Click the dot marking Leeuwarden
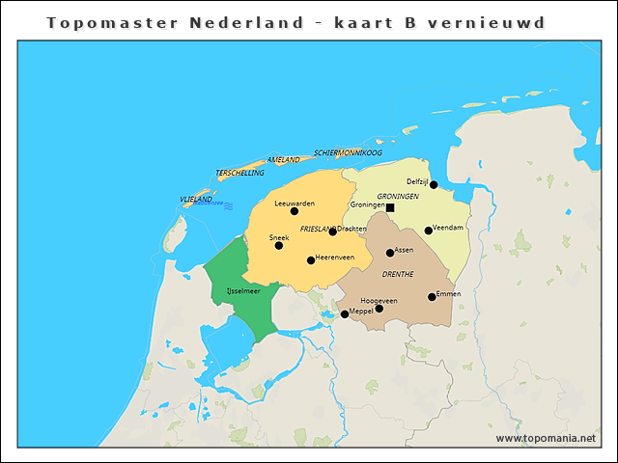(x=295, y=211)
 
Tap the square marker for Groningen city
(x=390, y=207)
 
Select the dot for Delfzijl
(x=434, y=184)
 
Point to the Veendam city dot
(x=429, y=231)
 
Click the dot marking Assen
(x=390, y=253)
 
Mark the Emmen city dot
(x=432, y=297)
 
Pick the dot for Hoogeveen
(x=379, y=309)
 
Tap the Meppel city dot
(x=345, y=314)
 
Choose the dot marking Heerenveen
(x=311, y=260)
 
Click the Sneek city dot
(x=279, y=245)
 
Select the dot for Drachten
(x=333, y=231)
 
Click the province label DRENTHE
(x=398, y=274)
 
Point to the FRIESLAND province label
(x=317, y=230)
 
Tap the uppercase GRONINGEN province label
(x=398, y=196)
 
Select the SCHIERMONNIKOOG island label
(x=348, y=153)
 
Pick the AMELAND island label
(x=283, y=160)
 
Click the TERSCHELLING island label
(x=239, y=173)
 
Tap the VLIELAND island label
(x=196, y=199)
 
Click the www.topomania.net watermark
(x=546, y=438)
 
